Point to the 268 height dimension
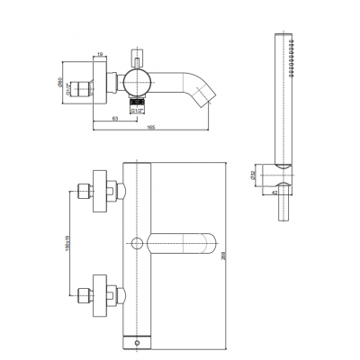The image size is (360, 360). point(235,256)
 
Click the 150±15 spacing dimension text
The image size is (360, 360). point(66,242)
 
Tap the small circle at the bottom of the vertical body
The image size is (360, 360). point(136,342)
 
